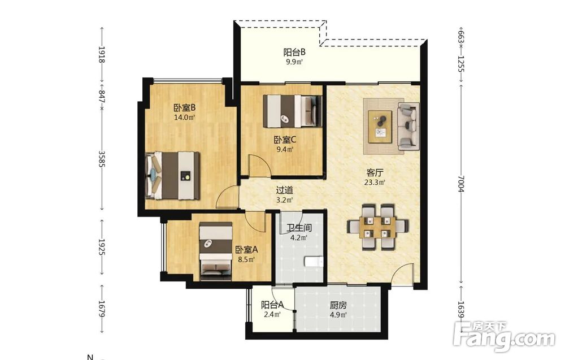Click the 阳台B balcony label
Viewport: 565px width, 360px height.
pyautogui.click(x=294, y=52)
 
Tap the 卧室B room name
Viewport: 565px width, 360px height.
pyautogui.click(x=185, y=108)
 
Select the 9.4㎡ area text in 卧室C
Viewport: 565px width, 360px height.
pyautogui.click(x=285, y=149)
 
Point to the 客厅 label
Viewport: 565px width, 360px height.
pyautogui.click(x=375, y=172)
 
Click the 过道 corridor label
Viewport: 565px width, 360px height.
pyautogui.click(x=284, y=190)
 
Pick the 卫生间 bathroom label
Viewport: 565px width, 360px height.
pyautogui.click(x=299, y=228)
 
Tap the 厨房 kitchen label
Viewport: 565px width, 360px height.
pyautogui.click(x=338, y=306)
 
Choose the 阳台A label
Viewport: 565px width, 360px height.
pyautogui.click(x=272, y=305)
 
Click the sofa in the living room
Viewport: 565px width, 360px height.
pyautogui.click(x=408, y=126)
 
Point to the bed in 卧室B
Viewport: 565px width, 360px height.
pyautogui.click(x=172, y=176)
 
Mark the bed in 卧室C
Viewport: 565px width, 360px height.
pyautogui.click(x=292, y=111)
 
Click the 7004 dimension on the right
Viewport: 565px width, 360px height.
pyautogui.click(x=461, y=184)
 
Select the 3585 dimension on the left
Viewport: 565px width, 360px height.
pyautogui.click(x=102, y=159)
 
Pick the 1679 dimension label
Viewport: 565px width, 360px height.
pyautogui.click(x=102, y=309)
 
